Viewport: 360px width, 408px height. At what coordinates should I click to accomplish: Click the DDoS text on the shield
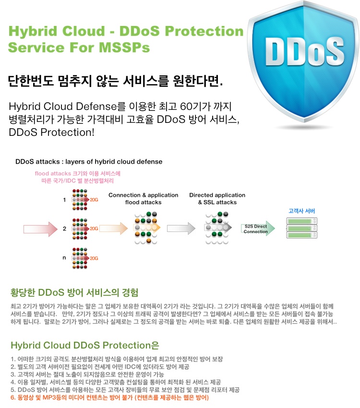point(305,51)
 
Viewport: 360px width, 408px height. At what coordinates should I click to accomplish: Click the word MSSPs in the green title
point(124,48)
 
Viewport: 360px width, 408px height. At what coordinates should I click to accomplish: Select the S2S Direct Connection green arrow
point(258,228)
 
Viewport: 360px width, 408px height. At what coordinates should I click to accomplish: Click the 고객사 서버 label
point(302,211)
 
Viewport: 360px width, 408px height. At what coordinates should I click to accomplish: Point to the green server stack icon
point(302,228)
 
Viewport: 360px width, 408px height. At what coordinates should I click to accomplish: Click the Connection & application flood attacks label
point(144,199)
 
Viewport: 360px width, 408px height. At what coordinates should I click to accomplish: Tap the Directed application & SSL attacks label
point(217,199)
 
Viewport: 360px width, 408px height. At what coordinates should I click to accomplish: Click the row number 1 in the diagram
point(64,200)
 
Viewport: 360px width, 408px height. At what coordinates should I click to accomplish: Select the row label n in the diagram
point(64,258)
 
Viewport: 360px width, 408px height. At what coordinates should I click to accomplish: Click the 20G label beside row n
point(94,258)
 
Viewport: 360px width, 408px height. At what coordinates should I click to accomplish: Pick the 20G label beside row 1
point(94,200)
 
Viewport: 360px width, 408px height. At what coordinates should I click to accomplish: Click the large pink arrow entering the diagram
point(40,229)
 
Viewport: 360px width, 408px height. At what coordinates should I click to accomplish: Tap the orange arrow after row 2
point(113,228)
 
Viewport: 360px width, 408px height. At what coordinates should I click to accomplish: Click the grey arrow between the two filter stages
point(181,228)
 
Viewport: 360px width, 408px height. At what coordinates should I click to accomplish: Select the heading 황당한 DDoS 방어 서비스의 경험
point(74,292)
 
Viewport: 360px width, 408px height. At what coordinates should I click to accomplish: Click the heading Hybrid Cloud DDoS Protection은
point(85,345)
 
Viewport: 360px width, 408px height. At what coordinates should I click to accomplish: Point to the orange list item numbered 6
point(109,397)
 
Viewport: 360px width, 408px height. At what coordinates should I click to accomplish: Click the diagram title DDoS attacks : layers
point(89,162)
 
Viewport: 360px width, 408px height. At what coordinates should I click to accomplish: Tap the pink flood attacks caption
point(77,177)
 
